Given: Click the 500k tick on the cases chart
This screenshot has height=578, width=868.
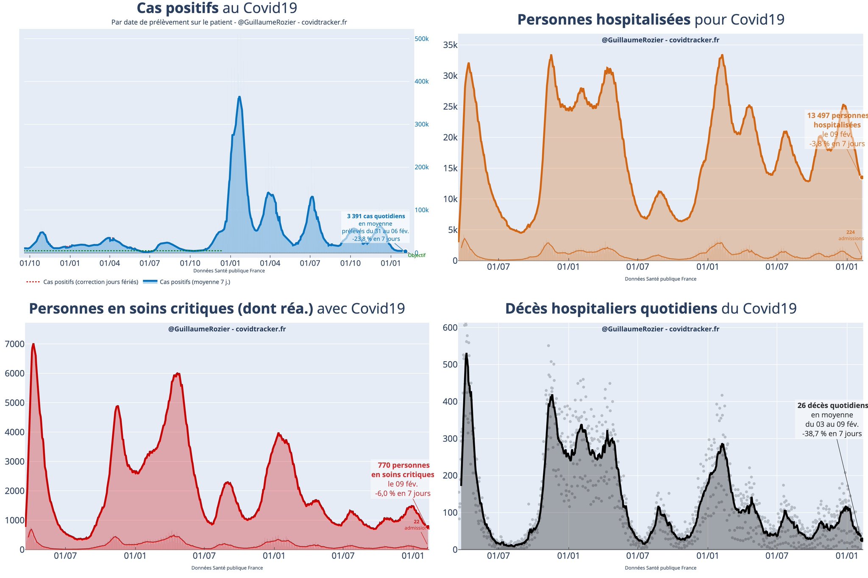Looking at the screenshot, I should coord(421,39).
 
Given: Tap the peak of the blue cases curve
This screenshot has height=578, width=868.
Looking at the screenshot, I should coord(239,97).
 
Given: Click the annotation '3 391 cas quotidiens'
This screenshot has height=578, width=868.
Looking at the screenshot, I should coord(376,216).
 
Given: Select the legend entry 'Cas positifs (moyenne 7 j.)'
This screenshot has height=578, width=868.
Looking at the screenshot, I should coord(195,282).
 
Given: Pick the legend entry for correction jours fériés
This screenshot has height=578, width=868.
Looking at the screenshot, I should coord(90,282).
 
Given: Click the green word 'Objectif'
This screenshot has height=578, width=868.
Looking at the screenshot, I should coord(416,255).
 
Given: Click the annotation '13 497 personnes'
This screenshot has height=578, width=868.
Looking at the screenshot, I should coord(837,116).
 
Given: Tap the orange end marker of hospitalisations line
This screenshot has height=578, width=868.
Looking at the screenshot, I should coord(862,177).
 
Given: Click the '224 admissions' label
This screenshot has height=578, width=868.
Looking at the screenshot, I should coord(851,235).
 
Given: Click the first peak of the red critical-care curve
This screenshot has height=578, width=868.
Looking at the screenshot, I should coord(33,344).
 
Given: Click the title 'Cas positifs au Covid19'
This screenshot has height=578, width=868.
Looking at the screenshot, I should coord(217,8).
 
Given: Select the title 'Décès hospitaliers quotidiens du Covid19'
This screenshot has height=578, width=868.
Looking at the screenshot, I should coord(651,309).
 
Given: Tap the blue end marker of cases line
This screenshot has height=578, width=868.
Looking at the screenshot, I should coord(405,252).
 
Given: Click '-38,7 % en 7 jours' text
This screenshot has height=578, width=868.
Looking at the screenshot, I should coord(832,434).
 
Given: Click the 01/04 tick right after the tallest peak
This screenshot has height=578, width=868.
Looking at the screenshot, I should coord(270,263).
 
